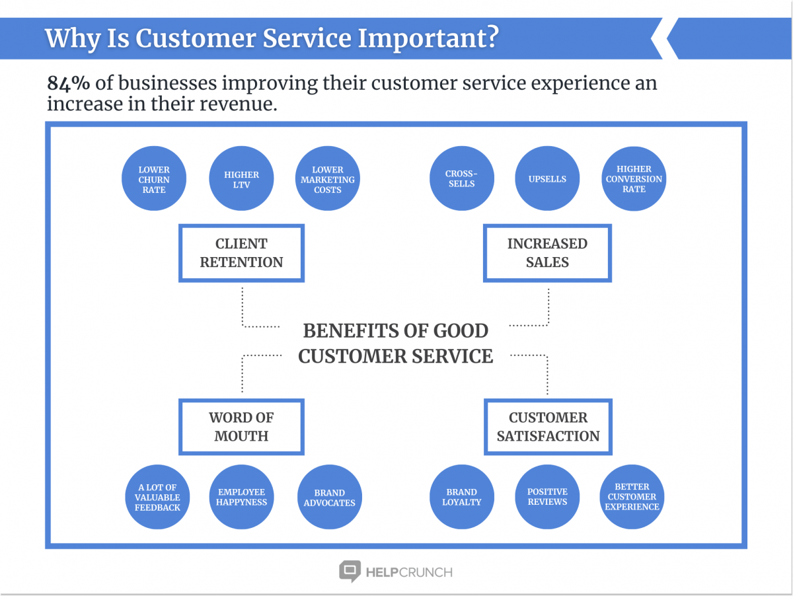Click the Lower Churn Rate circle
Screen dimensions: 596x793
point(154,179)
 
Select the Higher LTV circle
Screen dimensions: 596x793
point(241,179)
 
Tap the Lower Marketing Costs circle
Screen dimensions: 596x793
point(328,179)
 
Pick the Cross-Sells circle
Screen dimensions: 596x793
point(461,179)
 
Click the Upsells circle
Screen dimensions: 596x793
point(547,179)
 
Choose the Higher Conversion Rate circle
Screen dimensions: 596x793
point(633,179)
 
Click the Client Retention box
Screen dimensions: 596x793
point(241,253)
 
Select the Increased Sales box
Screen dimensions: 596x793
point(547,253)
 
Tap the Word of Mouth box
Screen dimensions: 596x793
point(241,427)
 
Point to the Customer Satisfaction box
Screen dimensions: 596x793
point(548,427)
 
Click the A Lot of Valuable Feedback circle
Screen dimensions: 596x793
point(157,497)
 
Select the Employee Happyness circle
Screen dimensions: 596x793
point(241,497)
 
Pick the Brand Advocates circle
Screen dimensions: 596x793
point(329,497)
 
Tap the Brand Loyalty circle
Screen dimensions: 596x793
point(461,497)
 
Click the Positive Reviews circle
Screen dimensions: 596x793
point(547,497)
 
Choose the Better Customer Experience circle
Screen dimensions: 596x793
point(632,497)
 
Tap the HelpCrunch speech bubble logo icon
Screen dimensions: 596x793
point(350,571)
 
